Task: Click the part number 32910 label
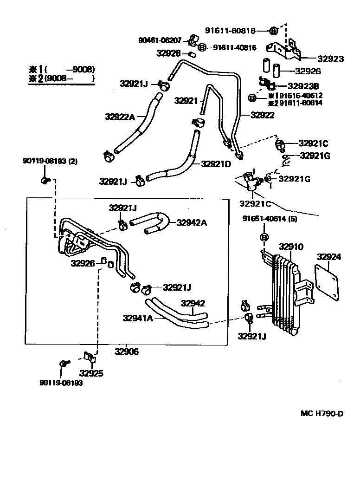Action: point(291,247)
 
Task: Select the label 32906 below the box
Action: point(126,352)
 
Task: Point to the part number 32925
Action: point(91,373)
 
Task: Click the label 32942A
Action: point(191,223)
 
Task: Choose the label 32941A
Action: point(138,319)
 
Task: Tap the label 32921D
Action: point(216,163)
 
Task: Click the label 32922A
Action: point(120,117)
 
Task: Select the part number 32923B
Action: point(303,85)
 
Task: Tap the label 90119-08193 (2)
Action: point(50,161)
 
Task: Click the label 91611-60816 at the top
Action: point(230,31)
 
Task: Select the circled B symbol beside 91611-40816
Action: point(202,47)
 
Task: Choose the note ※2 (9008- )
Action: point(62,78)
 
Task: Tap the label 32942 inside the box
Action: point(193,304)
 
